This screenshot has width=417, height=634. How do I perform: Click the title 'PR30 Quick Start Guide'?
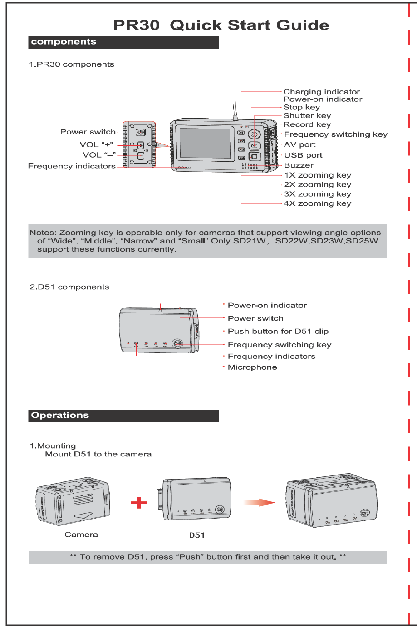coord(221,25)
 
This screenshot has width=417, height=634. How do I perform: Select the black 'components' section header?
coord(123,42)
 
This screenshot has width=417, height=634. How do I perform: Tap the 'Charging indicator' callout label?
coord(321,92)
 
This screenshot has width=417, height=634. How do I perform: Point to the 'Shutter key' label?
coord(307,116)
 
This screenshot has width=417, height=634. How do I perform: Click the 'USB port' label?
coord(303,155)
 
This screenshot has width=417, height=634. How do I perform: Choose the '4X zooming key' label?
coord(318,203)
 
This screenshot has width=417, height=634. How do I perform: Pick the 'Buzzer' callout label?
coord(299,165)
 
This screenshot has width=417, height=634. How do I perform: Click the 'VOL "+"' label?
coord(96,144)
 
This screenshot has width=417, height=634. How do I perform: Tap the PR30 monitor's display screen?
coord(205,143)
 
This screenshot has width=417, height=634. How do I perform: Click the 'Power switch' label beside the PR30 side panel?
coord(88,132)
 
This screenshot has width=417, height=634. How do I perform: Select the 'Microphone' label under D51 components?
coord(252,367)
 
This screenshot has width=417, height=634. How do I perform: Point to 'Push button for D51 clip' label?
coord(278,332)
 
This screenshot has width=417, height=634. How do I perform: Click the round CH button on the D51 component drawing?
coord(177,344)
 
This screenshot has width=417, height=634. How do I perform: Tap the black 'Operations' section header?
coord(123,416)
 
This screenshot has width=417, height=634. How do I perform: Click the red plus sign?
coord(139,502)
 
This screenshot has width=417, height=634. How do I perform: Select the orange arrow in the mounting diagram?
coord(259,502)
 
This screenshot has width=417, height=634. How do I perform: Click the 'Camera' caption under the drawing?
coord(81,535)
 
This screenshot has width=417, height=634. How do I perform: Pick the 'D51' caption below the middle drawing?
coord(197,535)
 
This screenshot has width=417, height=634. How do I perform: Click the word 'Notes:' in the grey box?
coord(43,233)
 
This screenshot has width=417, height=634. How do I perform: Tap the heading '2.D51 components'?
coord(69,287)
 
